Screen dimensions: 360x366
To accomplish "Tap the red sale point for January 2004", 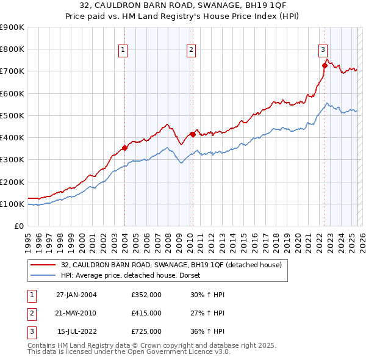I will pyautogui.click(x=124, y=147).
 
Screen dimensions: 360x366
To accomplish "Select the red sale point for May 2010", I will pyautogui.click(x=193, y=134).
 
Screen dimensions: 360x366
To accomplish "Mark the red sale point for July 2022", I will pyautogui.click(x=325, y=65).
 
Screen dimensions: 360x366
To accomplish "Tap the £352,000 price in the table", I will pyautogui.click(x=146, y=295).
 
